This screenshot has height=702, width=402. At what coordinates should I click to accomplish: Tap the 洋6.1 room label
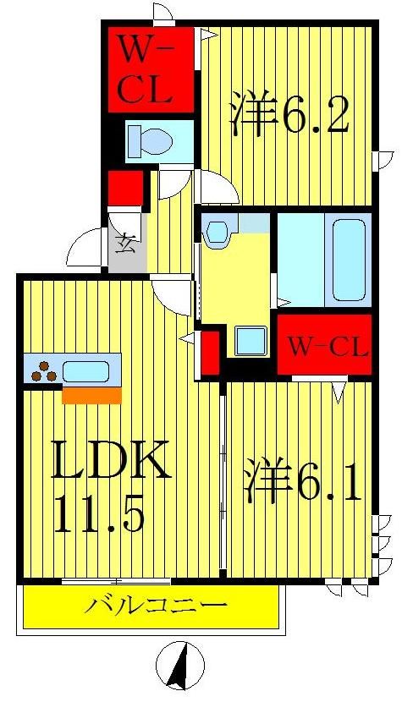click(305, 483)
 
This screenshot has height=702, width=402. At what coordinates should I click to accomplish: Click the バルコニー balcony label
click(156, 606)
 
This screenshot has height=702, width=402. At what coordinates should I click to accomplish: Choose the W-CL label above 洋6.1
click(327, 346)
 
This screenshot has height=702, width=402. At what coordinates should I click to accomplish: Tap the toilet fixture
click(148, 140)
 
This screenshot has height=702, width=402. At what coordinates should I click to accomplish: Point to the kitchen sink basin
click(85, 370)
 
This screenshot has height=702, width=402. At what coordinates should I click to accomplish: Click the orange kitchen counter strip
click(92, 395)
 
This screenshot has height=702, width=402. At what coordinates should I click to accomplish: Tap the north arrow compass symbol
click(180, 664)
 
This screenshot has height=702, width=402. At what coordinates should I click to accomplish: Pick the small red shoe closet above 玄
click(125, 187)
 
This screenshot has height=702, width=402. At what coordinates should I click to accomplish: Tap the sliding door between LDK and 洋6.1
click(223, 478)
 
